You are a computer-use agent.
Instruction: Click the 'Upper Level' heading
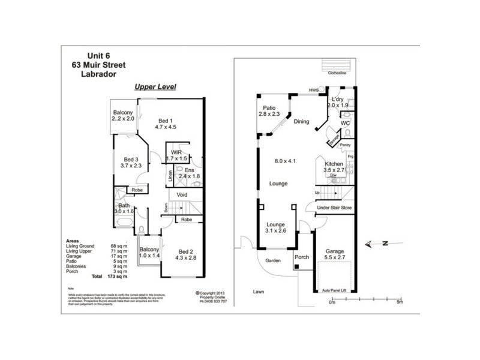(154, 86)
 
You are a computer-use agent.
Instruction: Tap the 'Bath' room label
(124, 207)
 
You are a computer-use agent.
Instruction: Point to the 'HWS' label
(314, 90)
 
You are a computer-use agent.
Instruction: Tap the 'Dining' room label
(301, 122)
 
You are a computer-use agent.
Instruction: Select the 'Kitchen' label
(334, 164)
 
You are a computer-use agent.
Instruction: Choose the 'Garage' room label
(335, 251)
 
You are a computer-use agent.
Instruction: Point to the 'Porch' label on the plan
(301, 257)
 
